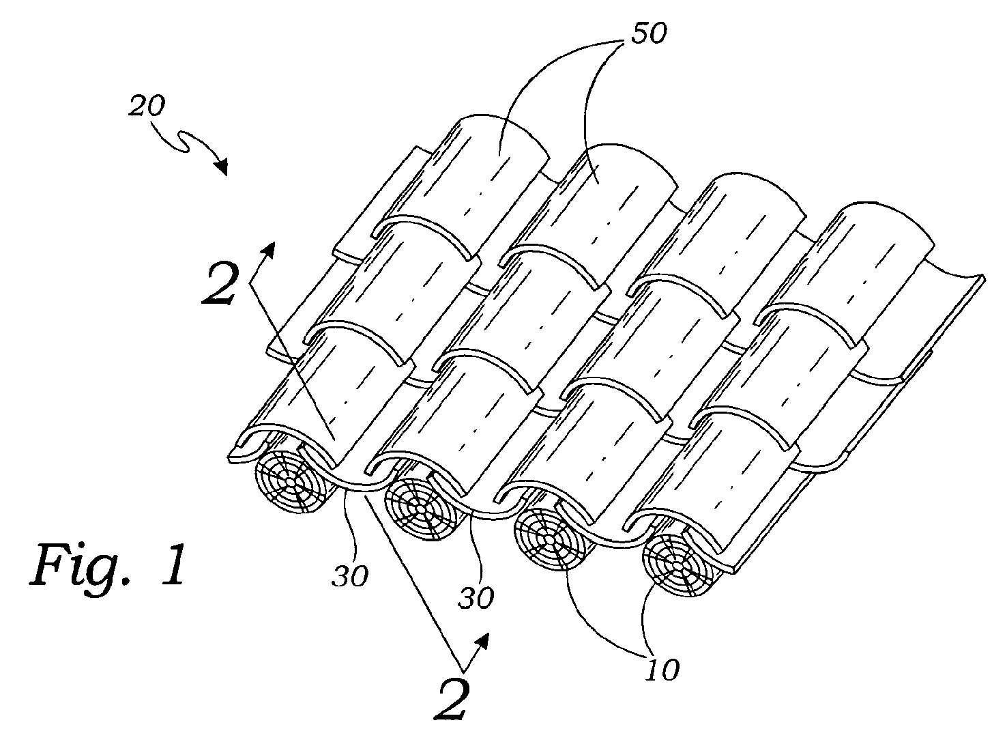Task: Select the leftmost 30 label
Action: coord(350,576)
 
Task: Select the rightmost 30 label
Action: coord(476,598)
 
